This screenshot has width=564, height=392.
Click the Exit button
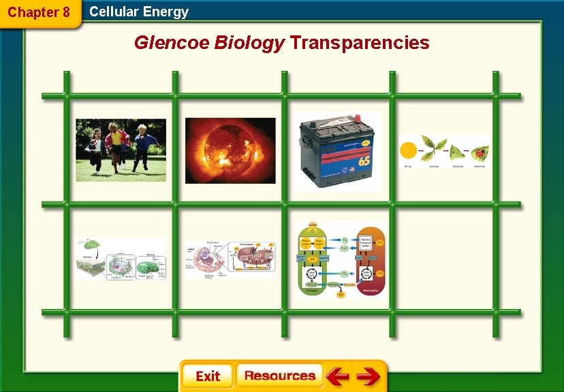[x=207, y=376]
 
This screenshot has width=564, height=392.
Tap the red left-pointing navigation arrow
[x=337, y=376]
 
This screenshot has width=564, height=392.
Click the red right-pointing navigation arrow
[x=368, y=376]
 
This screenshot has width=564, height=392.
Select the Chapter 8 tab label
[x=39, y=12]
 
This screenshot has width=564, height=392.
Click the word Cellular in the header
[x=114, y=12]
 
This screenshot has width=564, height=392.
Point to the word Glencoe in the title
[x=172, y=43]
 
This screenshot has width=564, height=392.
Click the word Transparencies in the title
[x=360, y=43]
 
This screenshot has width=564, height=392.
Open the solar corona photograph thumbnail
[x=230, y=150]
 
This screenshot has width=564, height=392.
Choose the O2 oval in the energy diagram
[x=345, y=240]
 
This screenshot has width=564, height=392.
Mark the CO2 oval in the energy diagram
[x=345, y=274]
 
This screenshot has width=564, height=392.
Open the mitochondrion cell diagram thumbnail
[x=230, y=259]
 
